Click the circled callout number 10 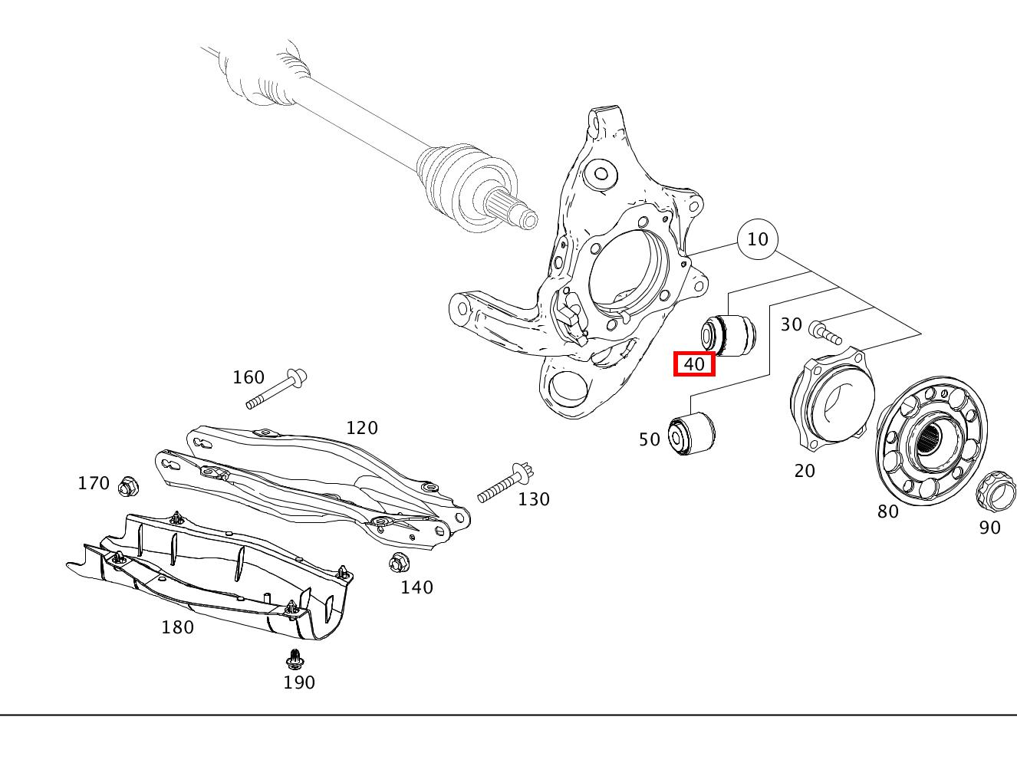[x=757, y=239]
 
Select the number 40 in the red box [x=694, y=363]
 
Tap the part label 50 [x=650, y=439]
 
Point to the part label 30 [x=792, y=324]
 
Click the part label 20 [x=805, y=471]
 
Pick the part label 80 [x=888, y=511]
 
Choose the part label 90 [x=990, y=528]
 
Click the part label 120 [x=362, y=428]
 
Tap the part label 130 [x=534, y=499]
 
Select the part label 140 [x=416, y=587]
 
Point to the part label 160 [x=248, y=377]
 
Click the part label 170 [x=94, y=483]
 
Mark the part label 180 [x=177, y=627]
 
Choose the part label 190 [x=299, y=682]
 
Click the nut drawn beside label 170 [x=128, y=485]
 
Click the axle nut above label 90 [x=995, y=491]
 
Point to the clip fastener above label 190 [x=293, y=659]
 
